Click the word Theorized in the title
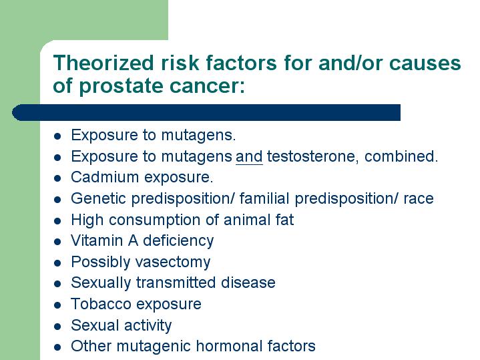click(x=103, y=63)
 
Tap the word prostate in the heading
click(x=122, y=86)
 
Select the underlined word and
click(x=249, y=156)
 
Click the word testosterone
click(x=310, y=156)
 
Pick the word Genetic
click(x=99, y=198)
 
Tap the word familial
click(x=264, y=198)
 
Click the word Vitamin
click(x=97, y=240)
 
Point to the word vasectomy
click(x=173, y=262)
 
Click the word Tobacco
click(x=101, y=304)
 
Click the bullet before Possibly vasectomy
click(x=57, y=263)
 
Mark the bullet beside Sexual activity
click(x=57, y=327)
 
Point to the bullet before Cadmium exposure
click(x=57, y=178)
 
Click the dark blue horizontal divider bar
click(x=206, y=112)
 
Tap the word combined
click(x=401, y=156)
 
